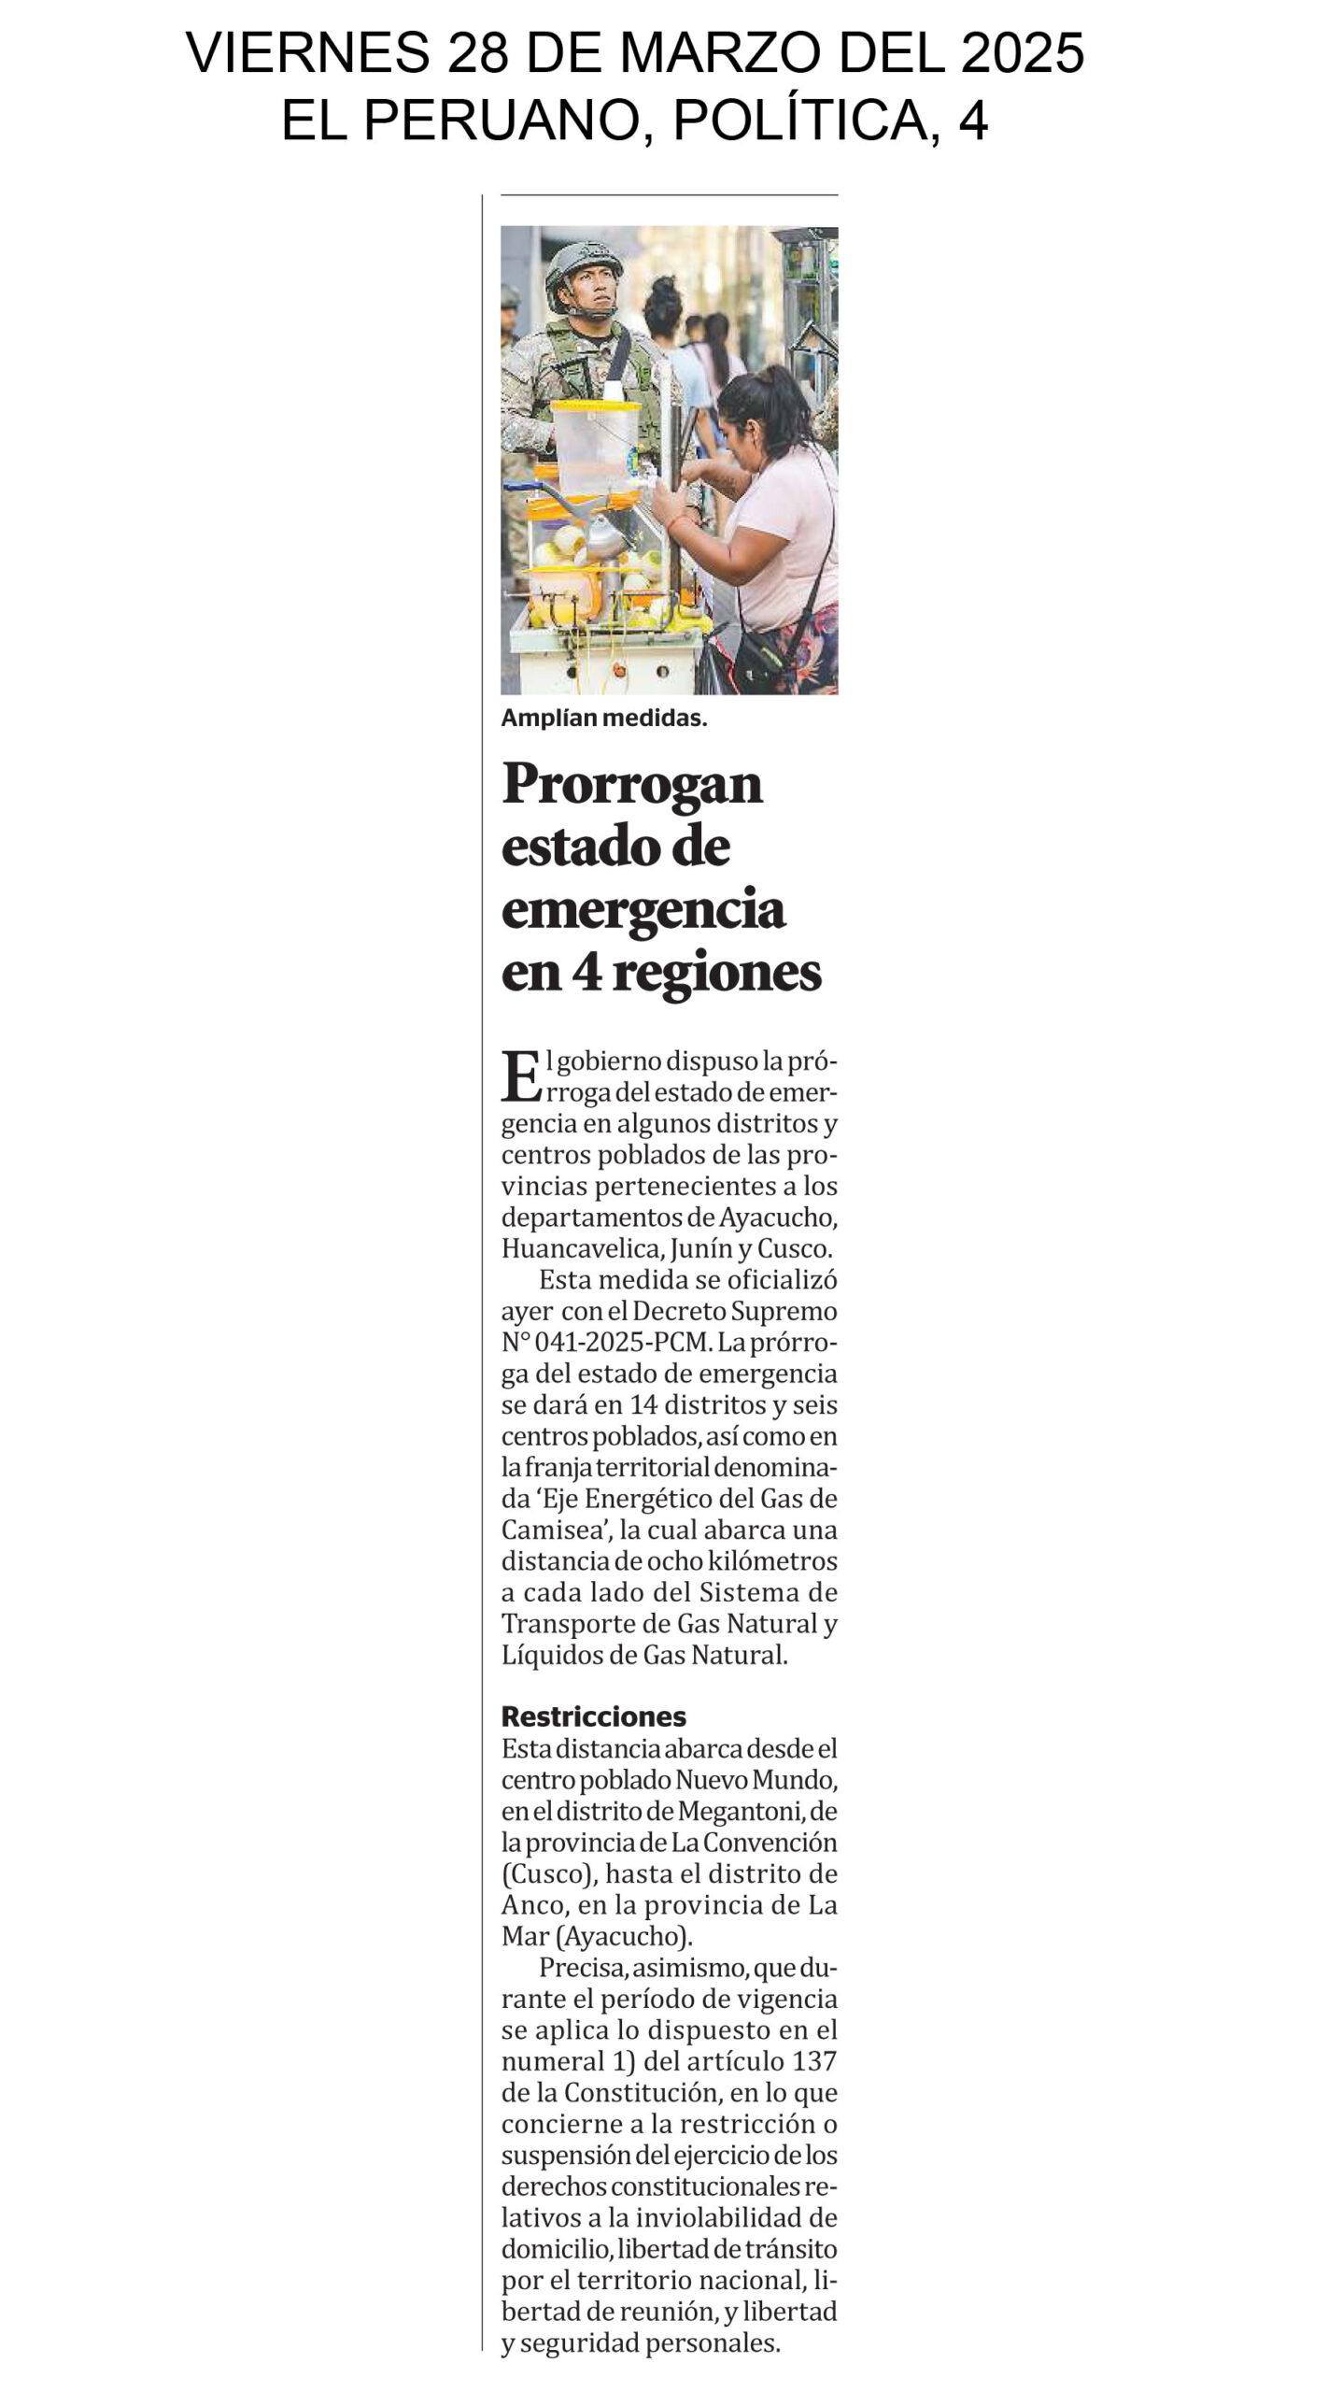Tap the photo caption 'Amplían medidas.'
[604, 719]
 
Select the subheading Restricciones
[594, 1716]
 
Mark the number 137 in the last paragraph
[814, 2061]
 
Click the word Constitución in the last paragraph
[655, 2092]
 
